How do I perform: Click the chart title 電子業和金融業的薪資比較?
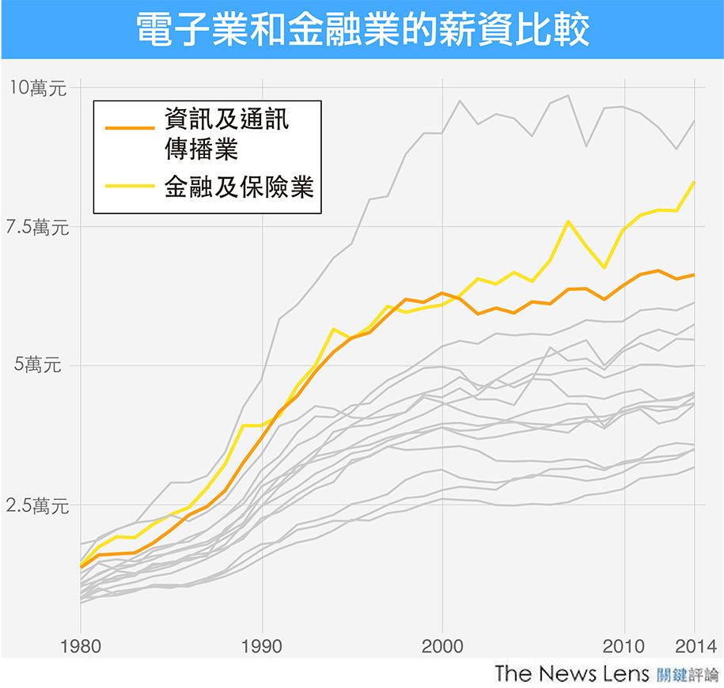362,30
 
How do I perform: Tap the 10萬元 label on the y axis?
37,89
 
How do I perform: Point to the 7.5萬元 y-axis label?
37,228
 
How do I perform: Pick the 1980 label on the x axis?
80,645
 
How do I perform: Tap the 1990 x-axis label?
261,645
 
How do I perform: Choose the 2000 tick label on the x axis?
442,645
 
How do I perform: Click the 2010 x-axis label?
624,645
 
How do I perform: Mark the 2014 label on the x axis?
693,645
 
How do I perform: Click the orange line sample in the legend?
130,126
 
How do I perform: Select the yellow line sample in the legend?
130,186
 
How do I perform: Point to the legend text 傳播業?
202,148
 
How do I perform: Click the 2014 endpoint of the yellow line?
694,182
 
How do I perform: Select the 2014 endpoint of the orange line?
694,274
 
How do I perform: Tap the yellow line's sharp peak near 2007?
568,221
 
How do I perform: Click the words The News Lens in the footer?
570,675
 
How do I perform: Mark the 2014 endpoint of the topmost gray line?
694,121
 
